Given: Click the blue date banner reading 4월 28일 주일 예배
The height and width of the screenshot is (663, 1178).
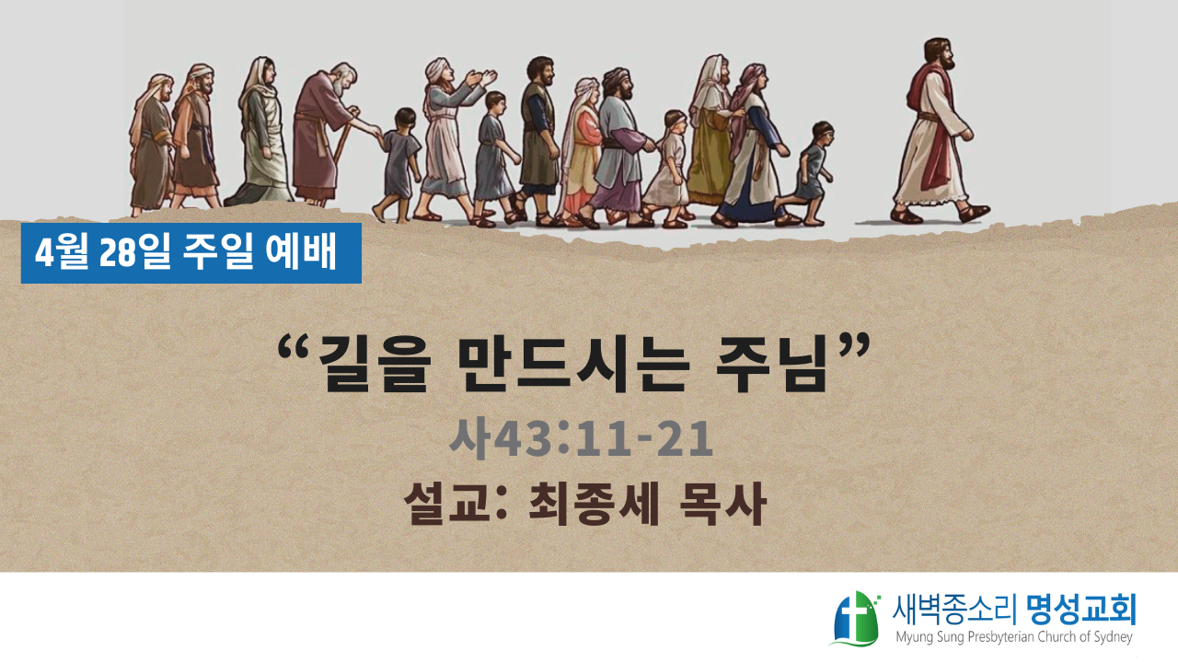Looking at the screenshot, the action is (x=191, y=253).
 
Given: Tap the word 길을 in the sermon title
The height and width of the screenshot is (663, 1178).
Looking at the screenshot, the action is (x=375, y=364).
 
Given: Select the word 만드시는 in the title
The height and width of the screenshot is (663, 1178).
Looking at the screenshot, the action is (x=573, y=364).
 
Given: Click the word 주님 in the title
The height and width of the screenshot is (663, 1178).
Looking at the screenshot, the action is (x=771, y=364).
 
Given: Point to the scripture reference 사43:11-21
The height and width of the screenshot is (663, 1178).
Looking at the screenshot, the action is (x=581, y=439).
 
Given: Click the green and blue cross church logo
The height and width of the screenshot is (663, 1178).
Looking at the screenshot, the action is (x=855, y=618).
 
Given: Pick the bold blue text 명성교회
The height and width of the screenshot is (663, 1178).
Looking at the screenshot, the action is (x=1081, y=610).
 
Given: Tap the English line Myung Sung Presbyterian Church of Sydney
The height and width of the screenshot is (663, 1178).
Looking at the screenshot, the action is (x=1014, y=637).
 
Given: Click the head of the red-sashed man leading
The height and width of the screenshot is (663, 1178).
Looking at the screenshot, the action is (x=939, y=54).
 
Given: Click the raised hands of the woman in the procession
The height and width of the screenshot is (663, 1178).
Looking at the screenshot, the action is (x=480, y=79).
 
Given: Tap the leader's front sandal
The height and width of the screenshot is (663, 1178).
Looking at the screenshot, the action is (x=974, y=213).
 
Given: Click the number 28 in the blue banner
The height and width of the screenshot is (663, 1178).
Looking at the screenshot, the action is (x=117, y=253).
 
